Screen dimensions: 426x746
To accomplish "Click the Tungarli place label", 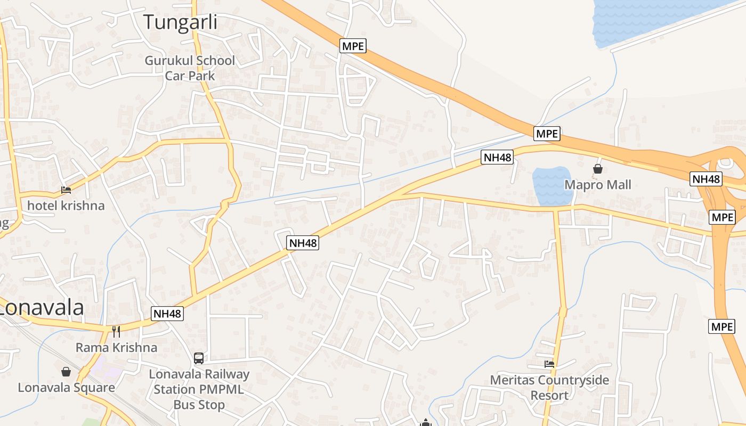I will pyautogui.click(x=181, y=22).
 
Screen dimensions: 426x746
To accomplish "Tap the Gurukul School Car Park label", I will pyautogui.click(x=190, y=68).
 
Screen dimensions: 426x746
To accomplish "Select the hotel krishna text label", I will pyautogui.click(x=66, y=206).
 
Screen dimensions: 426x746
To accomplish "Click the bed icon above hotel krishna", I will pyautogui.click(x=66, y=190).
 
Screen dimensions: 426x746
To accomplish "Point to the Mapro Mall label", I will pyautogui.click(x=598, y=185).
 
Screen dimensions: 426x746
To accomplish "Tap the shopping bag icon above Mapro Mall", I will pyautogui.click(x=598, y=169).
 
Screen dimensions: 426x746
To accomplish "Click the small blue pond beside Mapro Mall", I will pyautogui.click(x=552, y=186).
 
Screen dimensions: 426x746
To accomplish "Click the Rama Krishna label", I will pyautogui.click(x=116, y=348).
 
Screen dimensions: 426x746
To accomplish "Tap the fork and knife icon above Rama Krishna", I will pyautogui.click(x=116, y=331).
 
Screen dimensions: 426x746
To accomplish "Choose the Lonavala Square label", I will pyautogui.click(x=66, y=387).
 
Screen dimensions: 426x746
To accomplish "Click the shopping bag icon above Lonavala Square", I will pyautogui.click(x=66, y=371).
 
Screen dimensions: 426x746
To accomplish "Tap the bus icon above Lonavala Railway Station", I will pyautogui.click(x=199, y=358).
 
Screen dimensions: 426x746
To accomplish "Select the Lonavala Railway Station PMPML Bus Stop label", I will pyautogui.click(x=199, y=389).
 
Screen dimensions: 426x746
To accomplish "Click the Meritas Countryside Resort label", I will pyautogui.click(x=549, y=388).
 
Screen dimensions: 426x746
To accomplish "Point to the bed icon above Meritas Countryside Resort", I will pyautogui.click(x=549, y=364).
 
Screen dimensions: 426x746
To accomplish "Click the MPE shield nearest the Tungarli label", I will pyautogui.click(x=353, y=46).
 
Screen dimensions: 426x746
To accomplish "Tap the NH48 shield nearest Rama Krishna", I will pyautogui.click(x=167, y=314).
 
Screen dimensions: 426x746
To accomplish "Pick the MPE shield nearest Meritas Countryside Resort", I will pyautogui.click(x=721, y=326).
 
